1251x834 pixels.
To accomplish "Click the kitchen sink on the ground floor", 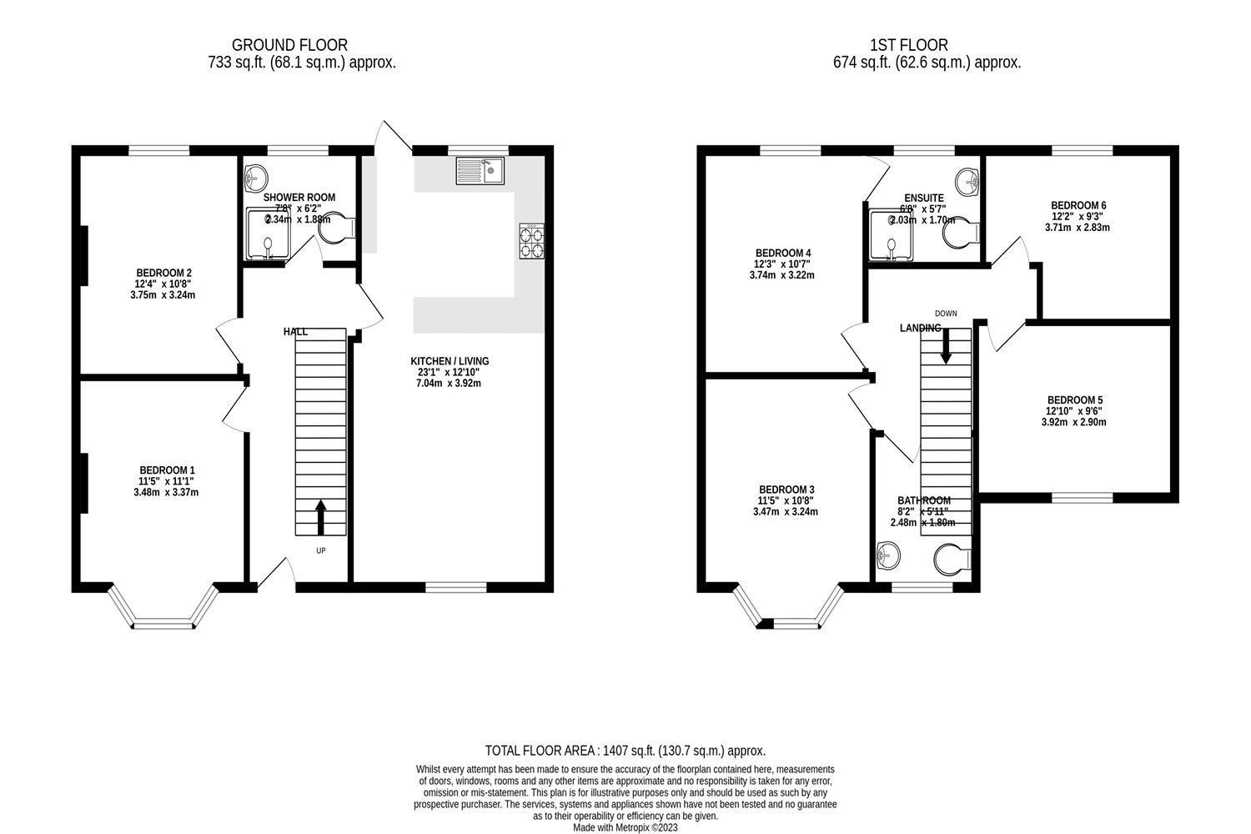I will (x=480, y=172).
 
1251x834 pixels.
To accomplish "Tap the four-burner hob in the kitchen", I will (x=531, y=241).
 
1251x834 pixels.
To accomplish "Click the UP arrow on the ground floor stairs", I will (x=321, y=518).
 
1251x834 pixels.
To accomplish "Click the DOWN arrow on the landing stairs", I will (x=946, y=344).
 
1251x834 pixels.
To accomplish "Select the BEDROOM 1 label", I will (x=166, y=470).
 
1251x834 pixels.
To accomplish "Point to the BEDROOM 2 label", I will (x=164, y=273).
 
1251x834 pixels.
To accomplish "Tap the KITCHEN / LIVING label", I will (x=450, y=361).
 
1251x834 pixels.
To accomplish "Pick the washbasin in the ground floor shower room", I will (x=256, y=177).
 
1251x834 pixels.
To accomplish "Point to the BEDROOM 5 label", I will (x=1074, y=400).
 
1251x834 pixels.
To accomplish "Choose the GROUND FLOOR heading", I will (x=289, y=45).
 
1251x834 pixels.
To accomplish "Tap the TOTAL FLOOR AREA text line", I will (x=625, y=751).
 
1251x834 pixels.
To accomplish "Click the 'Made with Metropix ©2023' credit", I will (x=625, y=828).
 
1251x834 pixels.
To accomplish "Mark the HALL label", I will (x=295, y=332).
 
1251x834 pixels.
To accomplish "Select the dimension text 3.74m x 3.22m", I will (x=783, y=275).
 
